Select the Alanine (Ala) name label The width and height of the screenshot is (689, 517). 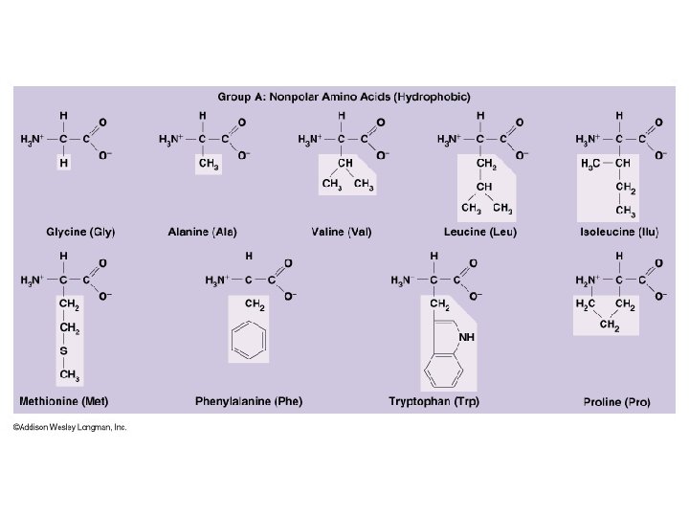[x=202, y=232]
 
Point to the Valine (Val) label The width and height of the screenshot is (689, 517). [x=342, y=232]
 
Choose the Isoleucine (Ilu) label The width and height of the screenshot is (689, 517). [x=619, y=232]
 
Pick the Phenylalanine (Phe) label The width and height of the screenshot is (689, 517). [x=248, y=401]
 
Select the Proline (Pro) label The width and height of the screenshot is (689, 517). [x=616, y=402]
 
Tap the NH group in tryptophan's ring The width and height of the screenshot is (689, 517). [x=467, y=336]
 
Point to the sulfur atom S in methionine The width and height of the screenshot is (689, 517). [x=64, y=351]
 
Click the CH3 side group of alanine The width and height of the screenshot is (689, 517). [x=208, y=164]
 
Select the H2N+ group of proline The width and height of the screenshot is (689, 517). [x=588, y=280]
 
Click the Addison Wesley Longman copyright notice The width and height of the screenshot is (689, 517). [x=70, y=428]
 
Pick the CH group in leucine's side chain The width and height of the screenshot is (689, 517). [x=485, y=186]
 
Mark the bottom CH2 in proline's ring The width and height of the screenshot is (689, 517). [x=609, y=326]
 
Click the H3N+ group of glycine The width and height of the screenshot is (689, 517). [x=33, y=140]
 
